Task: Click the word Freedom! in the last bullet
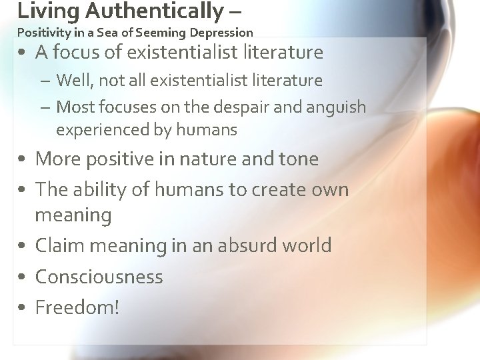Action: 77,307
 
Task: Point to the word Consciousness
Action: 99,276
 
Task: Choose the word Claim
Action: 61,245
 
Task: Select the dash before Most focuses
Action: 47,107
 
